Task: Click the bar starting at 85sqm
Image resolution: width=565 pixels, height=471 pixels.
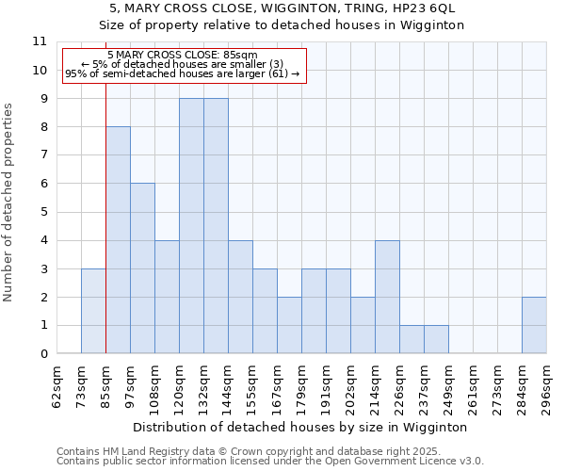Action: (118, 240)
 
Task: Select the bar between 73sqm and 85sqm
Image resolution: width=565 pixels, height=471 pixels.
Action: (93, 311)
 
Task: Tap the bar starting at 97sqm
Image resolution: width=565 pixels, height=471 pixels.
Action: (142, 268)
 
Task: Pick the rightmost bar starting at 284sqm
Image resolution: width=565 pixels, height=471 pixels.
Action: (534, 325)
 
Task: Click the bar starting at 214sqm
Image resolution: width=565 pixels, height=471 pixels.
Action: (387, 297)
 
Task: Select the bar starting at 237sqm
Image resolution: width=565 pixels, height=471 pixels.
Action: (436, 339)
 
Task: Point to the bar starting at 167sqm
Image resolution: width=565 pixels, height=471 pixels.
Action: (289, 325)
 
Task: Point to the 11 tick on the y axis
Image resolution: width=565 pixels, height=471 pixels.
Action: (40, 41)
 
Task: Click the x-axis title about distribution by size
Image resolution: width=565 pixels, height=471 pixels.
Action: (301, 427)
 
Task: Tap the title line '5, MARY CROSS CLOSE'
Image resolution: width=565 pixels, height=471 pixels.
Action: (282, 8)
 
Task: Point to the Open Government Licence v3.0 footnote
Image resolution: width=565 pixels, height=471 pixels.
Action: (270, 462)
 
